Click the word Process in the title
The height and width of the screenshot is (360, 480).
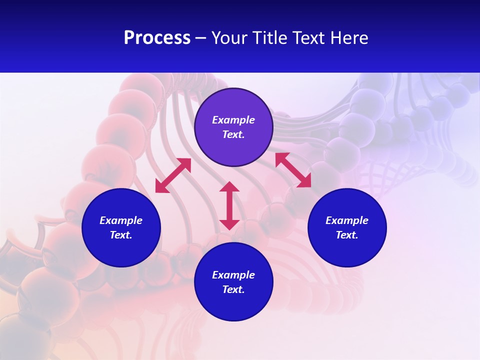pyautogui.click(x=157, y=38)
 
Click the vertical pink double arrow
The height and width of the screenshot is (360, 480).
pyautogui.click(x=229, y=206)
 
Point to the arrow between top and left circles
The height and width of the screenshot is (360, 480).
pyautogui.click(x=173, y=175)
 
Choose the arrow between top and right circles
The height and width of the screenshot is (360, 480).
pyautogui.click(x=293, y=170)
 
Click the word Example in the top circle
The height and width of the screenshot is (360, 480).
pyautogui.click(x=233, y=120)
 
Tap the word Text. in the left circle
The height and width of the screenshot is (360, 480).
pyautogui.click(x=121, y=235)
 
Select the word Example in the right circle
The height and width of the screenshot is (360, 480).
pyautogui.click(x=347, y=220)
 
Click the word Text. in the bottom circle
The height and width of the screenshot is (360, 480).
pyautogui.click(x=233, y=289)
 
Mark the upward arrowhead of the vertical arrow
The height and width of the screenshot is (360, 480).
pyautogui.click(x=229, y=186)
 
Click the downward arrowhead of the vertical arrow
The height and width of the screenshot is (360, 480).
pyautogui.click(x=229, y=224)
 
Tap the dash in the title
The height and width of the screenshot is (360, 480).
pyautogui.click(x=201, y=38)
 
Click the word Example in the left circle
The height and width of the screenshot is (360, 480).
pyautogui.click(x=121, y=220)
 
